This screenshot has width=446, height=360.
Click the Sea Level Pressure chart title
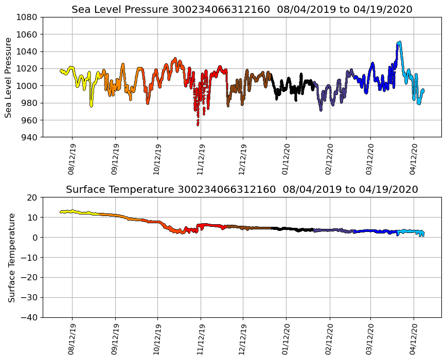tap(242, 10)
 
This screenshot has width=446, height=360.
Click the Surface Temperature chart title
tap(242, 190)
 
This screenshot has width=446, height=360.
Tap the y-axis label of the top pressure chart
tap(9, 77)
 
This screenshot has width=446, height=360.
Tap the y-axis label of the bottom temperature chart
tap(11, 257)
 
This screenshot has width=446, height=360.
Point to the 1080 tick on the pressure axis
tap(26, 17)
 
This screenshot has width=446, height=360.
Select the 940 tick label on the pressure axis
tap(29, 137)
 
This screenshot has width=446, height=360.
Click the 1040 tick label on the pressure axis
tap(26, 51)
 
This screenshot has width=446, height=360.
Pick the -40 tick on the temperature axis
tap(29, 317)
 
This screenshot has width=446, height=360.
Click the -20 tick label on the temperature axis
tap(29, 277)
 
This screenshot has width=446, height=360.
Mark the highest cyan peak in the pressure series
tap(399, 43)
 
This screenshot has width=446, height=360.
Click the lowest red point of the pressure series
tap(198, 124)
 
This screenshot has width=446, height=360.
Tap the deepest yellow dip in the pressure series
tap(91, 105)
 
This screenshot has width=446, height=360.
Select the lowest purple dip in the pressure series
tap(320, 110)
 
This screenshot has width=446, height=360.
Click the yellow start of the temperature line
tap(61, 211)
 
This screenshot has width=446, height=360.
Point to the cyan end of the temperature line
tap(422, 234)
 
